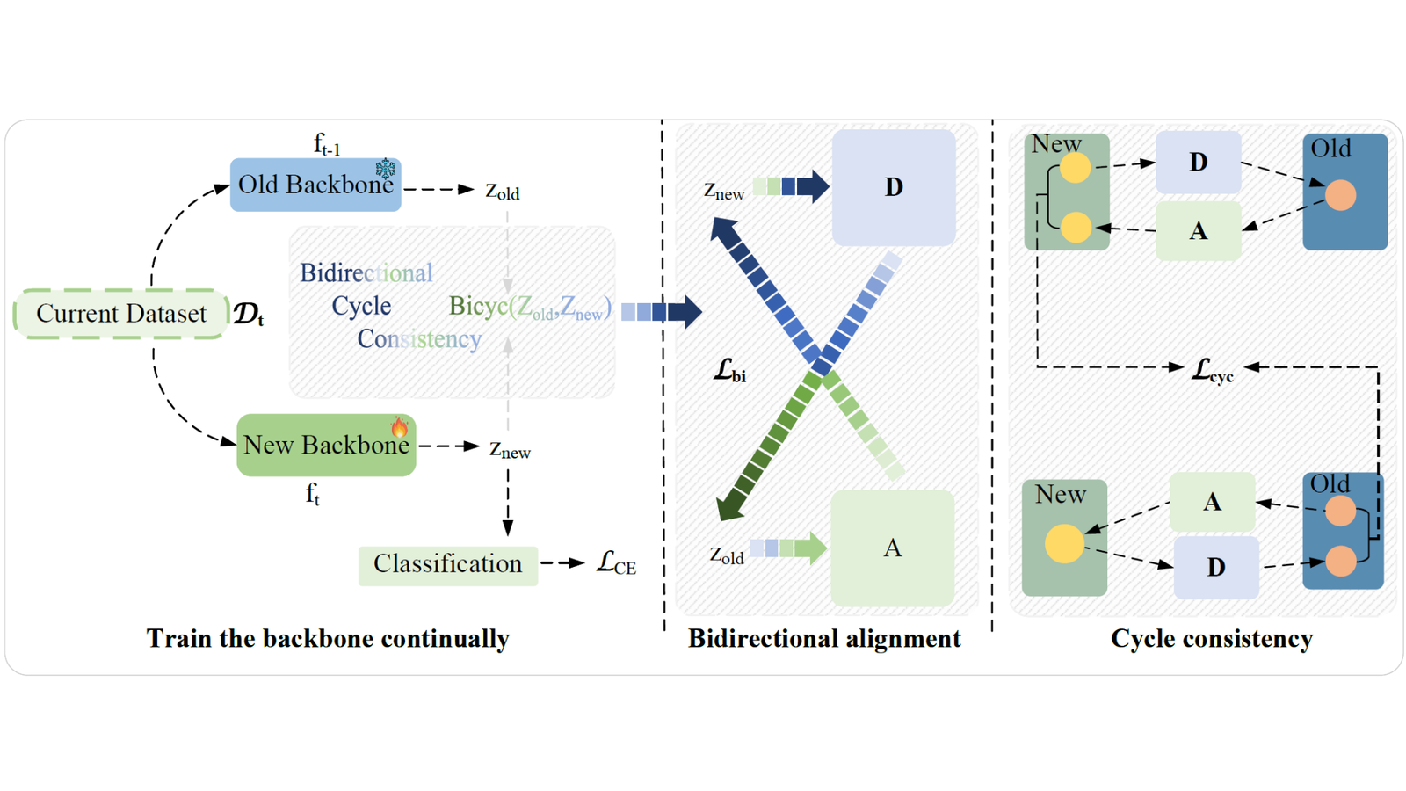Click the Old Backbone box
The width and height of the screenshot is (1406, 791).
[315, 185]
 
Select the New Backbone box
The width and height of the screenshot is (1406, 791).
[326, 445]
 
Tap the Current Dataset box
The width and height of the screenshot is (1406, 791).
[121, 313]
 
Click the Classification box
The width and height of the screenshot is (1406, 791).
[448, 566]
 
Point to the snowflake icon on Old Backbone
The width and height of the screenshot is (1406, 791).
[386, 168]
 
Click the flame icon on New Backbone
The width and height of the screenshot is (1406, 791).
[399, 427]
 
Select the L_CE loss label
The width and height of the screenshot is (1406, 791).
[616, 563]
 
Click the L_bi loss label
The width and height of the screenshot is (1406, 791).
[730, 370]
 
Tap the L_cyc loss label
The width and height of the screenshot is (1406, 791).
[1212, 370]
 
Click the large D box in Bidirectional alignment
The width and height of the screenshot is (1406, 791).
[894, 187]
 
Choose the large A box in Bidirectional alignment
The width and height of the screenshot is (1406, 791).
[893, 548]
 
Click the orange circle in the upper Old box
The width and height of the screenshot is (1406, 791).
[1340, 194]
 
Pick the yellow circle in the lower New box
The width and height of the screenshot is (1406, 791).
[1064, 543]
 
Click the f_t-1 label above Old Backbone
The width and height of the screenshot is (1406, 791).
[327, 144]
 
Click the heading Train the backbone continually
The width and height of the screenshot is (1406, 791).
[329, 638]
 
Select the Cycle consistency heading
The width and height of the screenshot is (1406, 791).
[1212, 638]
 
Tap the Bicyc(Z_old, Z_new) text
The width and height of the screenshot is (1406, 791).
[531, 307]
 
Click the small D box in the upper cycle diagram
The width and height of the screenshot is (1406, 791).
[1199, 162]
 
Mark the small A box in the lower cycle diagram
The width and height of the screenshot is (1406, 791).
[1212, 502]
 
